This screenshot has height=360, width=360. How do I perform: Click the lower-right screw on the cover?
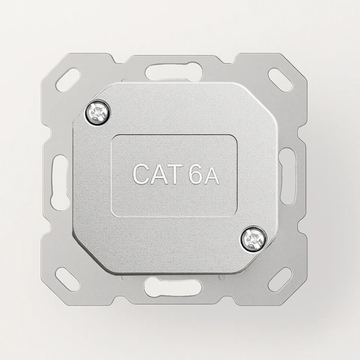point(253,238)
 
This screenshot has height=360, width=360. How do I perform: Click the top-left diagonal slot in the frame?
point(67,80)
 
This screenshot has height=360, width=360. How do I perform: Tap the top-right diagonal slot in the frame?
point(280,80)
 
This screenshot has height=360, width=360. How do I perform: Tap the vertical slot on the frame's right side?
point(288,176)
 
